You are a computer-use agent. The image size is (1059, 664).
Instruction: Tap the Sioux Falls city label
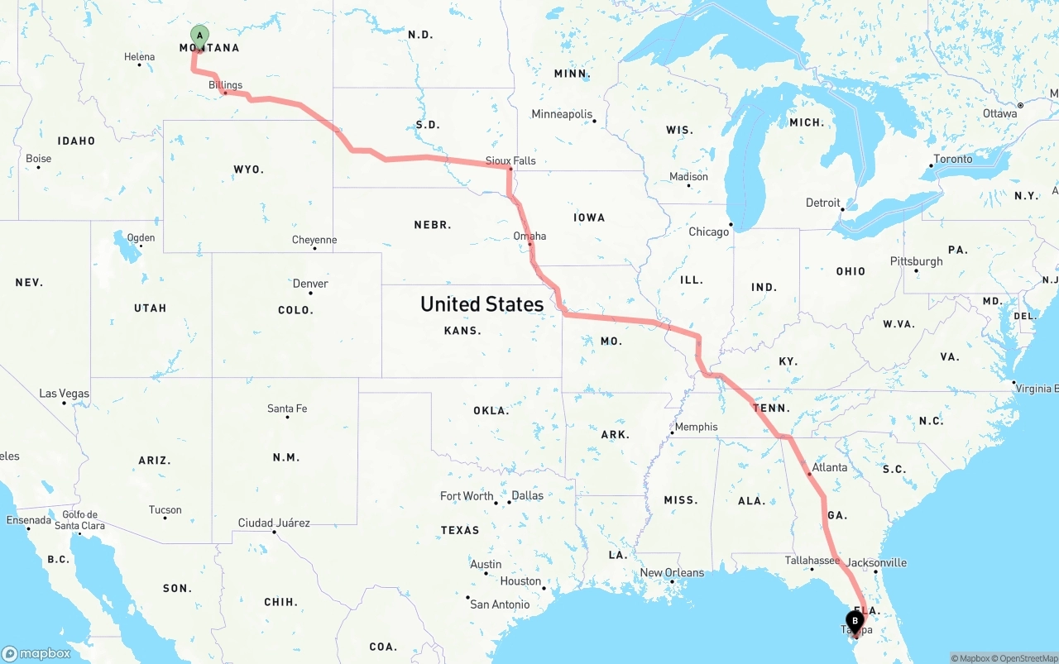(x=510, y=160)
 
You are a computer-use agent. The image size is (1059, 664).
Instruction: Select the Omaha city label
(x=529, y=236)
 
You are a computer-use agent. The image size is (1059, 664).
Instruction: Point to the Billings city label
(x=225, y=85)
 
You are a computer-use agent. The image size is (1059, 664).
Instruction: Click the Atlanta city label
(x=829, y=467)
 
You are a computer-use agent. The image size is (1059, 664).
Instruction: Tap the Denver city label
(x=310, y=284)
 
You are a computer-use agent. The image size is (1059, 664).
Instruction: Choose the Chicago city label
(x=709, y=232)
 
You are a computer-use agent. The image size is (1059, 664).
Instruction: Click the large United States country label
(x=482, y=304)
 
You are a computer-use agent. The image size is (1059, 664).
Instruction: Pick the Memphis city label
(x=696, y=427)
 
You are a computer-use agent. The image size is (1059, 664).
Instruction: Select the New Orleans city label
(x=672, y=572)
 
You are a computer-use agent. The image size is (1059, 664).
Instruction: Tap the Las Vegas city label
(x=65, y=394)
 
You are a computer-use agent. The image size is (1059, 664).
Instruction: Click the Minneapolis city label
(x=562, y=114)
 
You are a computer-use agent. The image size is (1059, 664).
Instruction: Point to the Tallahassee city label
(x=812, y=561)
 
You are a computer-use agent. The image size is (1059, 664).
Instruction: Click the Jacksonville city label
(x=876, y=562)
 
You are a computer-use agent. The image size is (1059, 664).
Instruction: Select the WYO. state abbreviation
(x=248, y=170)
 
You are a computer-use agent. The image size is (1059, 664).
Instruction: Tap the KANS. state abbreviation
(x=462, y=331)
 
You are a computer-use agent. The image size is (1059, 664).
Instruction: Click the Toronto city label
(x=953, y=159)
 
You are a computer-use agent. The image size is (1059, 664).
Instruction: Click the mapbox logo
(x=36, y=653)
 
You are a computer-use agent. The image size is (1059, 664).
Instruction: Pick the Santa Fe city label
(x=287, y=408)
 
